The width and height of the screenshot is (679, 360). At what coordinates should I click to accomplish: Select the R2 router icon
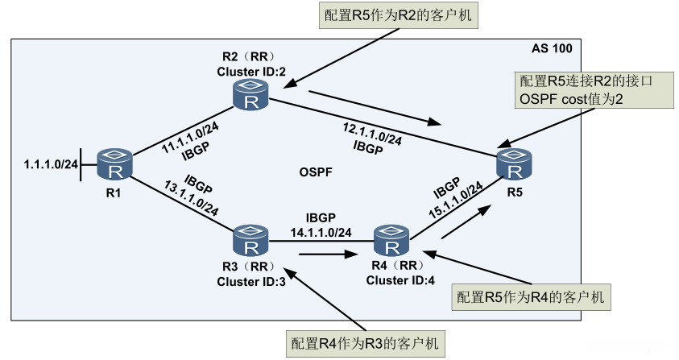tap(250, 96)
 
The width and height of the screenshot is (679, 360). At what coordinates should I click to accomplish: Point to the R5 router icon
tap(515, 166)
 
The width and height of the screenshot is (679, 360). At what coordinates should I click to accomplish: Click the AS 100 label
tap(552, 48)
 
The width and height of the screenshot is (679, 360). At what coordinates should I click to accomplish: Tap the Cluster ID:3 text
tap(247, 281)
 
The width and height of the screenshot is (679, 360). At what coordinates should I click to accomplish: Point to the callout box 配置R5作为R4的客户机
tap(529, 297)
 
